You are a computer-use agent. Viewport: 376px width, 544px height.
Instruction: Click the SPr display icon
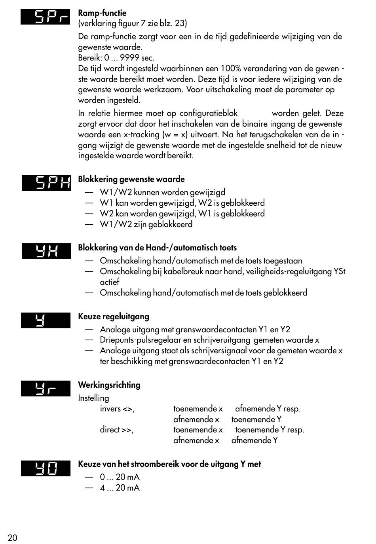46,17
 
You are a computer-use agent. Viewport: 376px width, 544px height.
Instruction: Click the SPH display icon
46,182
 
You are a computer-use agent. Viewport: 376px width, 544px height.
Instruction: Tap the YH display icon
46,251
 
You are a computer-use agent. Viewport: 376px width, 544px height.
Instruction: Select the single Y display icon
46,320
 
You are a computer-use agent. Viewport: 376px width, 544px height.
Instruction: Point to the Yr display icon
46,389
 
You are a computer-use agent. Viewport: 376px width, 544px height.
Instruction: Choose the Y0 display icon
46,468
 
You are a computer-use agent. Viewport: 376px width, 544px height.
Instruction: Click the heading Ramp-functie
102,13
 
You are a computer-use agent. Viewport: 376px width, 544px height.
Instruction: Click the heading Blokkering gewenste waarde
131,179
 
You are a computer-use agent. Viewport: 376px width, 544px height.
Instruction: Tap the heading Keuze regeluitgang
113,317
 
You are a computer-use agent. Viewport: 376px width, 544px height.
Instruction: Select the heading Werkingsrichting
109,385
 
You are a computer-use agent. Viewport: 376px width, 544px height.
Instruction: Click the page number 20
12,538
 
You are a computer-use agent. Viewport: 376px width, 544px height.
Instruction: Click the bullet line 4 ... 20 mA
120,488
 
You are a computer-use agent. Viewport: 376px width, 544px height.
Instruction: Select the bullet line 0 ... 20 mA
120,477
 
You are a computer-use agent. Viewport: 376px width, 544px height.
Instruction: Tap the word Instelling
93,398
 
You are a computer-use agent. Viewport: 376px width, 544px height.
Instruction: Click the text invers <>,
117,409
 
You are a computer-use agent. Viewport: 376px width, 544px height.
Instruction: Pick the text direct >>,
117,430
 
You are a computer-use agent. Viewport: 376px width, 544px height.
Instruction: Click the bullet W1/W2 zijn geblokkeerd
146,224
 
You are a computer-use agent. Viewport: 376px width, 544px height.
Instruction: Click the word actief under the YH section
109,282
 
